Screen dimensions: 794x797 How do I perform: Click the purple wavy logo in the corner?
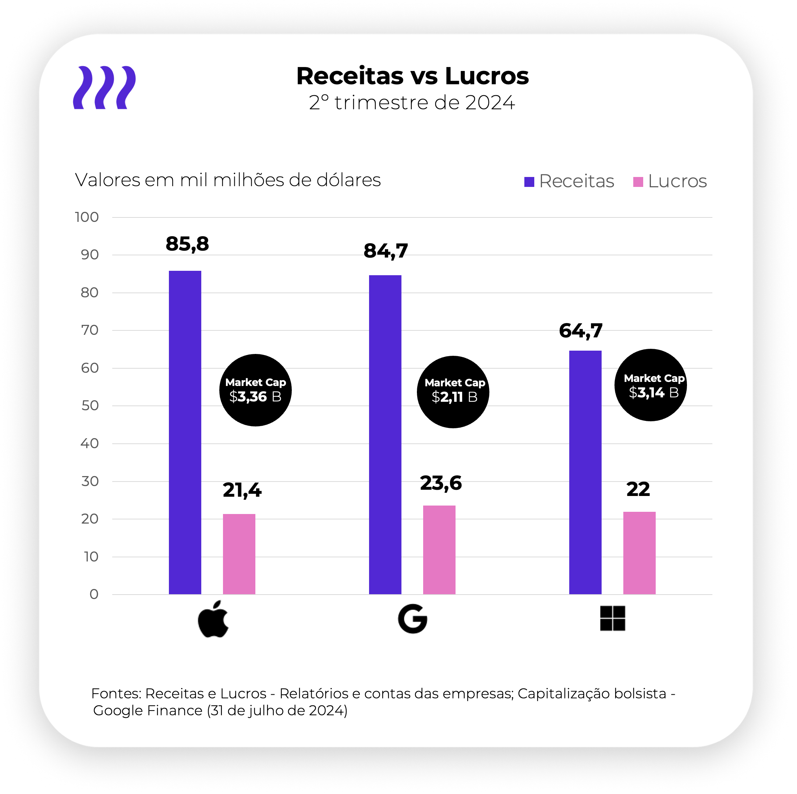click(105, 88)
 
